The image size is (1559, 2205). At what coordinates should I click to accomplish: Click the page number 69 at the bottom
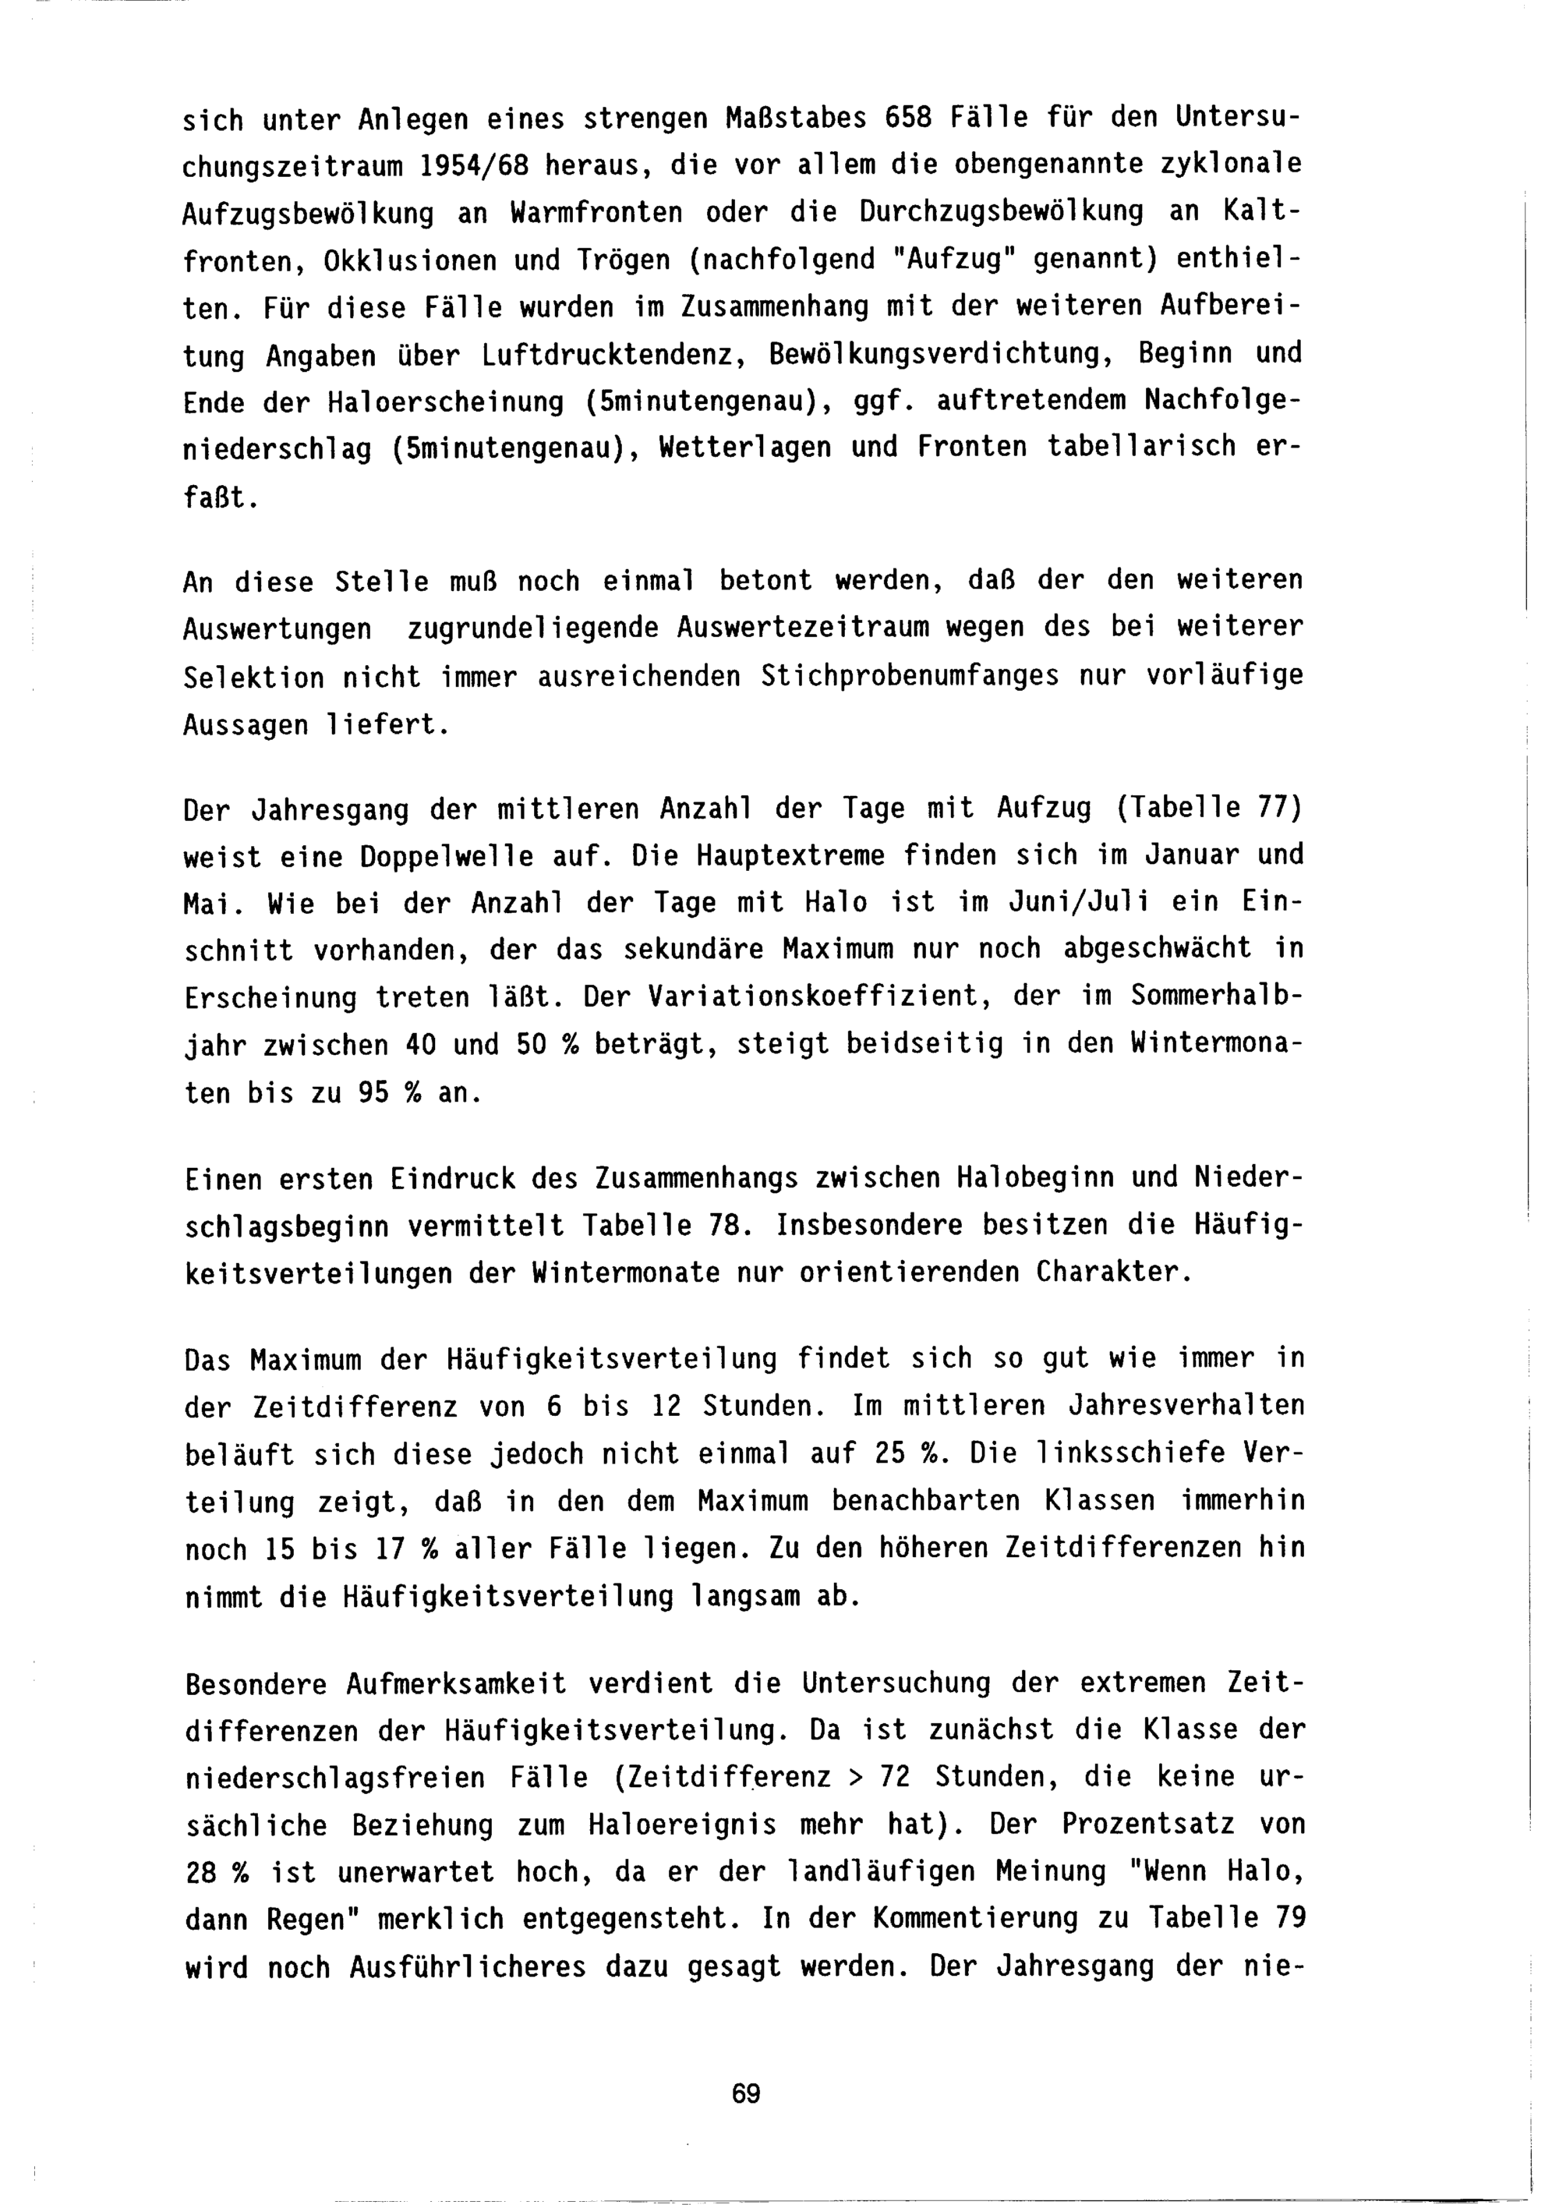tap(745, 2094)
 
